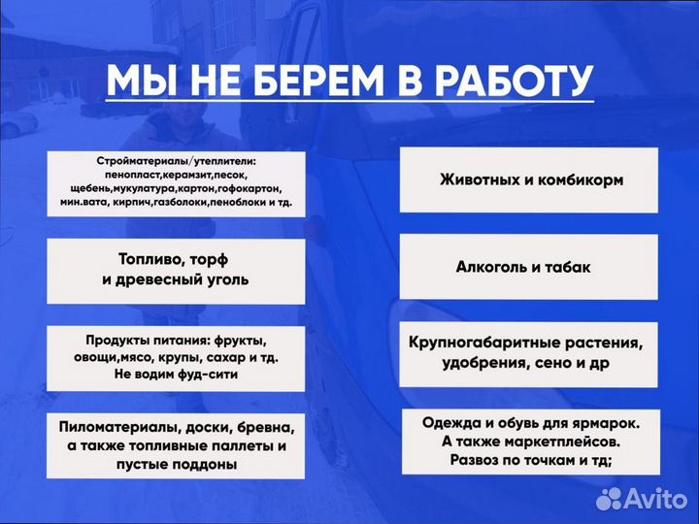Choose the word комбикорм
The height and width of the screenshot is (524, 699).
[x=575, y=180]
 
